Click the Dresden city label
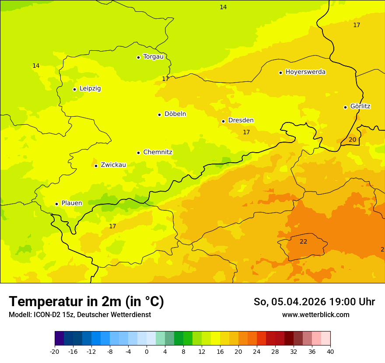click(241, 120)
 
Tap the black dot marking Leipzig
click(75, 89)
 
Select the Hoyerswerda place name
click(305, 72)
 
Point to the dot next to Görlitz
click(345, 107)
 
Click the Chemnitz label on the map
click(157, 152)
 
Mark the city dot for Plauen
click(56, 204)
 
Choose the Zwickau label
click(113, 165)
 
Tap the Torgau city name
click(153, 56)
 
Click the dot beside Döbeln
click(160, 115)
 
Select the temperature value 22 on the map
click(303, 241)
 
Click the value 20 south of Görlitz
click(352, 140)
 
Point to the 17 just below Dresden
click(246, 132)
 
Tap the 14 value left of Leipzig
click(36, 66)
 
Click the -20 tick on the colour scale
click(55, 351)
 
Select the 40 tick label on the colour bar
click(330, 351)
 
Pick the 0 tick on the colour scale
click(147, 351)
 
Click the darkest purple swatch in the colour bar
click(59, 339)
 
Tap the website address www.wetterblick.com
click(315, 314)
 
